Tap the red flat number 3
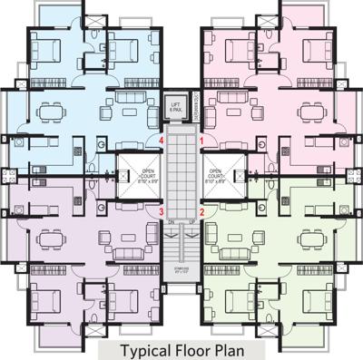coord(161,212)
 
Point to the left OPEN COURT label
coord(148,173)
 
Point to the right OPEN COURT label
coord(215,173)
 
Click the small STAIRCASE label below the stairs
coord(181,269)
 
